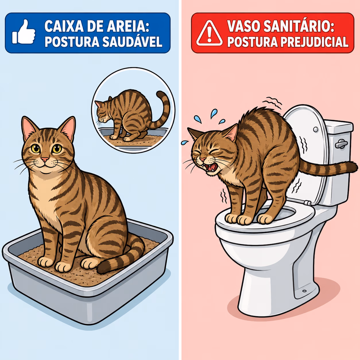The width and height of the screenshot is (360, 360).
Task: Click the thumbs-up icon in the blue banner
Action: pyautogui.click(x=24, y=32)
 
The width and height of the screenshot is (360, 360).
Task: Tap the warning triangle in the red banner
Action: pyautogui.click(x=209, y=33)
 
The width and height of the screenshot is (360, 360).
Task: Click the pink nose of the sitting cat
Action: pyautogui.click(x=45, y=159)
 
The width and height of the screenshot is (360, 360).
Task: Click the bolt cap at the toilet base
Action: pyautogui.click(x=304, y=291)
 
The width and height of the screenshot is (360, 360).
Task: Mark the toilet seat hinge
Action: pyautogui.click(x=307, y=203)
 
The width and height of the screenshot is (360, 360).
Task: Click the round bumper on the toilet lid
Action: pyautogui.click(x=316, y=129)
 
